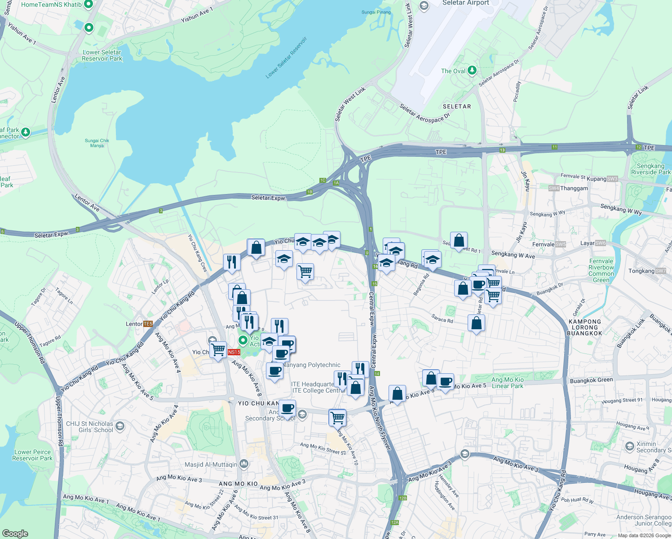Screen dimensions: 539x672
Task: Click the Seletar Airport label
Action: [465, 3]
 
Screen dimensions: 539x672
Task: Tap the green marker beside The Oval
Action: [472, 71]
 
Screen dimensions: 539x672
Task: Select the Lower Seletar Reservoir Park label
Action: [102, 55]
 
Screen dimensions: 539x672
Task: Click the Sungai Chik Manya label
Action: [97, 143]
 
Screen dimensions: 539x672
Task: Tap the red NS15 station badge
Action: [234, 352]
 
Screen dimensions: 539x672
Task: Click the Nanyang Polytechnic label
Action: [311, 365]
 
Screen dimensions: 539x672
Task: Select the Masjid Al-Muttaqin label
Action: [211, 464]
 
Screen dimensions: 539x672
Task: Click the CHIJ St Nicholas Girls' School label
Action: [90, 427]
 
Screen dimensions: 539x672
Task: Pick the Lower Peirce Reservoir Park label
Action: [32, 455]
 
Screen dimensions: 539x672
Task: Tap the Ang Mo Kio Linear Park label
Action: [508, 383]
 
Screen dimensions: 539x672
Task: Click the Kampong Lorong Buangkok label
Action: [585, 327]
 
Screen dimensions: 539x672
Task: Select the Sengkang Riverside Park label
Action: [650, 169]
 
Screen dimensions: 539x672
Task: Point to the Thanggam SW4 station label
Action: [569, 188]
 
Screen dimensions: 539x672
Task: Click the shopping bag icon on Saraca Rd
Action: [476, 323]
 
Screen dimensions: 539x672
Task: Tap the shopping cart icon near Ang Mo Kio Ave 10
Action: [337, 417]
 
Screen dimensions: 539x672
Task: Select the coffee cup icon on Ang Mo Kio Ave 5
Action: [445, 382]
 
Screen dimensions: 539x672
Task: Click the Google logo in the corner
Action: [15, 534]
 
